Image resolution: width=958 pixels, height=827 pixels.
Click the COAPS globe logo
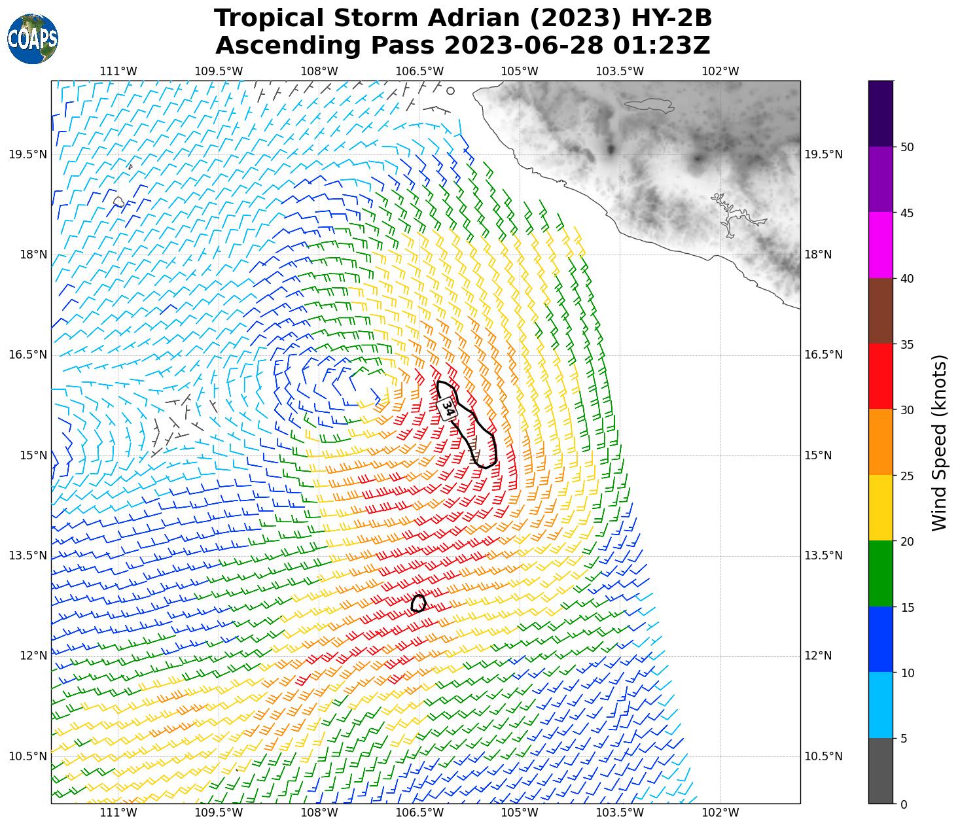coord(32,39)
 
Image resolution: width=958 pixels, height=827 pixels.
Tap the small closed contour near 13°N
coord(419,603)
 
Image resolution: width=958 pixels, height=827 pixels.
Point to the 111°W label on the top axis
coord(118,71)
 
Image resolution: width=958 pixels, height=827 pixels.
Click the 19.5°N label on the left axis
coord(28,154)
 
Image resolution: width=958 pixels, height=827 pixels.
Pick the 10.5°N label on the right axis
coord(823,756)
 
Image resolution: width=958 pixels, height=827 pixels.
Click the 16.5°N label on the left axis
coord(28,355)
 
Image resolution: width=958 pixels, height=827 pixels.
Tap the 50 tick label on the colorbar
coord(907,147)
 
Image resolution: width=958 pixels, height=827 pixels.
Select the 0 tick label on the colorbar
coord(904,804)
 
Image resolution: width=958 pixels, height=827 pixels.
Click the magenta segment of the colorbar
coord(881,245)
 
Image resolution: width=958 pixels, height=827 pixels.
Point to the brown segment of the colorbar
coord(881,311)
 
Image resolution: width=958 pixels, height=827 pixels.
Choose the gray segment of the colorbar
coord(881,771)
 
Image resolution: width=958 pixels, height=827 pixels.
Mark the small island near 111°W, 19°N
coord(118,202)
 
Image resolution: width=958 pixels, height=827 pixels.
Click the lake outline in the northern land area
coord(648,105)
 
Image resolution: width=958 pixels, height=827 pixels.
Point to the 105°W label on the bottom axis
coord(520,813)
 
